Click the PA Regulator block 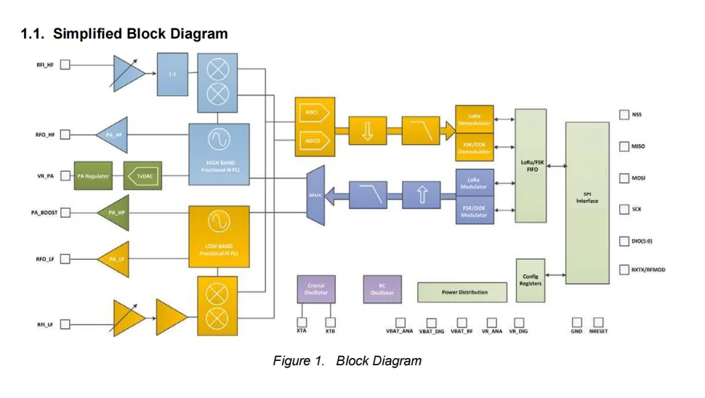pos(93,176)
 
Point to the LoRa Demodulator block pos(474,119)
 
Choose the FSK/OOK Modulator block pos(474,211)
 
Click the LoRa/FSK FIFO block pos(531,166)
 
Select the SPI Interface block pos(587,202)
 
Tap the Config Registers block pos(531,279)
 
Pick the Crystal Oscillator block pos(316,289)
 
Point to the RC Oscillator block pos(382,289)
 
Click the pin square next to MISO pos(624,146)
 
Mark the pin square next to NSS pos(624,114)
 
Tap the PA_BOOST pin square pos(65,212)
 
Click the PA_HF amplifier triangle pos(113,135)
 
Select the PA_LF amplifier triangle pos(113,258)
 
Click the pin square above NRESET pos(598,322)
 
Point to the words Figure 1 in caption pos(298,361)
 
